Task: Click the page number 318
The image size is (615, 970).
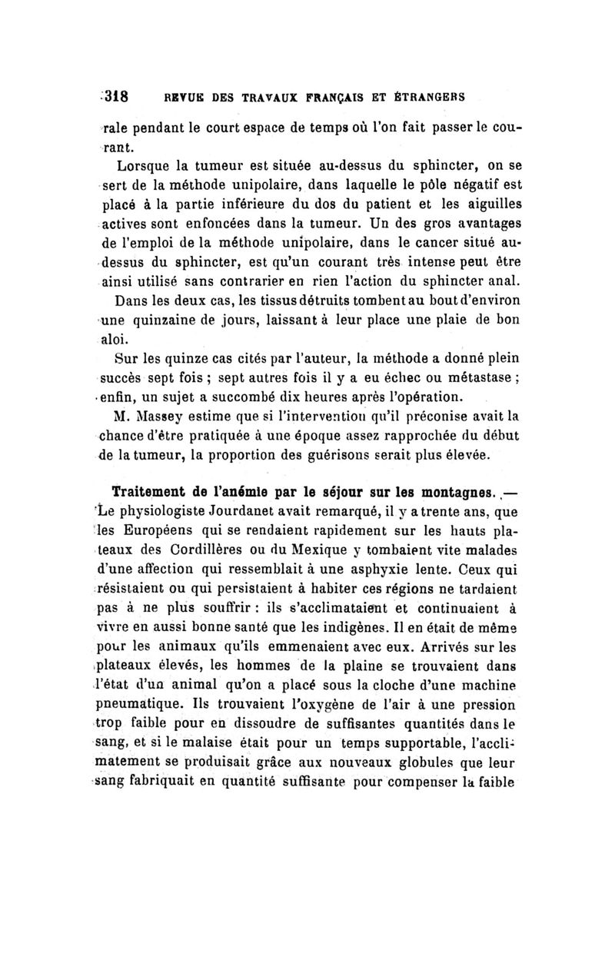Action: click(116, 98)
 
